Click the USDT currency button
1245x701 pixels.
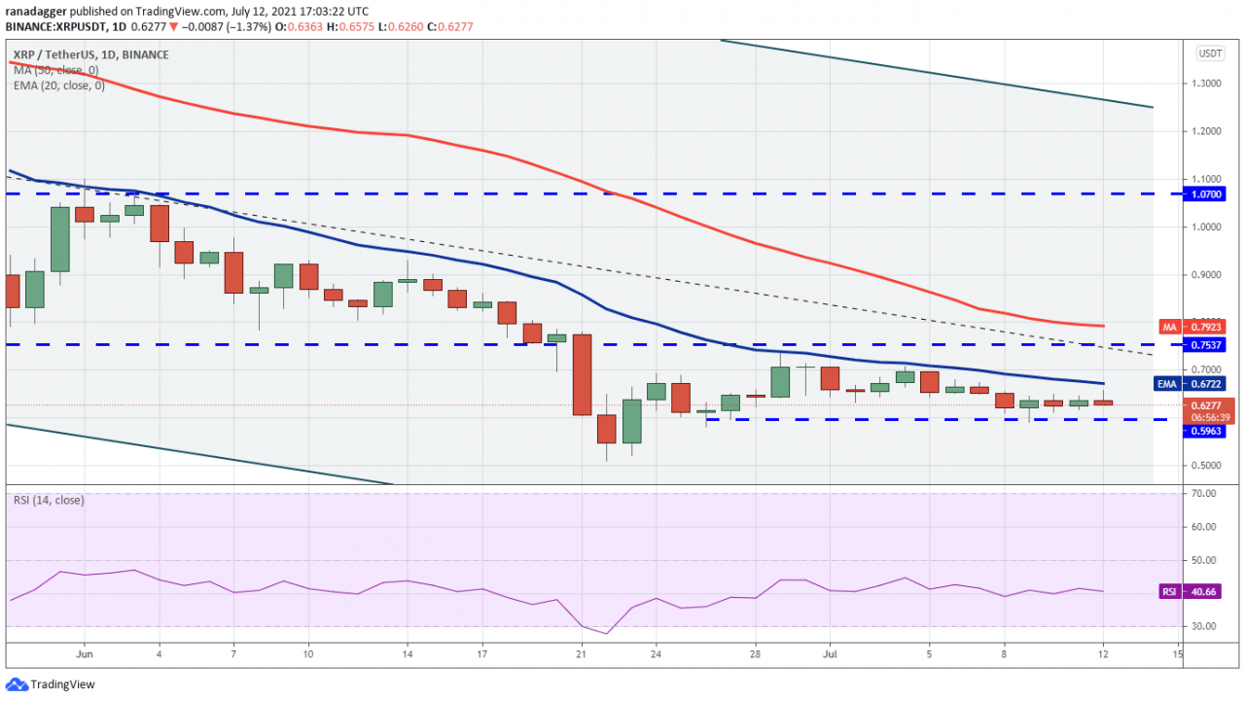tap(1210, 54)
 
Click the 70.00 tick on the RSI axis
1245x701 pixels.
tap(1204, 494)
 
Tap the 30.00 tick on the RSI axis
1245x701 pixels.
tap(1204, 626)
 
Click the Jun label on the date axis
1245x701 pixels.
tap(84, 655)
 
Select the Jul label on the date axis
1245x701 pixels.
tap(831, 655)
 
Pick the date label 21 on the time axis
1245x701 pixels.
tap(582, 655)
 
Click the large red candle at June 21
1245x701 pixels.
tap(583, 374)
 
